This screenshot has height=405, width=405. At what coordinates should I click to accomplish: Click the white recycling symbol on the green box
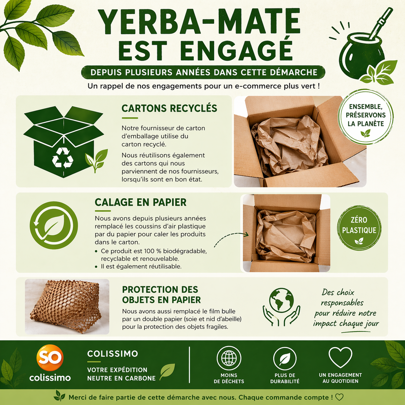63,158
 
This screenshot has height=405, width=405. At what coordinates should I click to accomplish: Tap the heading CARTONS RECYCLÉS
169,109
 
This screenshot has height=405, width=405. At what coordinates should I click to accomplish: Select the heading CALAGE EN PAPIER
140,202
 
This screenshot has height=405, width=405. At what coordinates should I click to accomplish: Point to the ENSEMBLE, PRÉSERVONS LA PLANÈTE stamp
366,117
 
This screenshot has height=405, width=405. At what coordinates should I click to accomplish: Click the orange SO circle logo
50,357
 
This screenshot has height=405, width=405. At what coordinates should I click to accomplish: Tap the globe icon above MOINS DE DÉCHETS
229,358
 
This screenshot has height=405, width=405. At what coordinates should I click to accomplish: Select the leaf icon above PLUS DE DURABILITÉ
285,358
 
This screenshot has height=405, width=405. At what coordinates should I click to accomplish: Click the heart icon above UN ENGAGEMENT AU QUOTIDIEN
340,357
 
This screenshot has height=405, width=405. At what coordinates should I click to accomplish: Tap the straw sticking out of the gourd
378,24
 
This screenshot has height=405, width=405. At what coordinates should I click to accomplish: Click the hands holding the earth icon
281,307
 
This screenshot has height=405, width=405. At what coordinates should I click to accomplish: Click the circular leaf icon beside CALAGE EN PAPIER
54,225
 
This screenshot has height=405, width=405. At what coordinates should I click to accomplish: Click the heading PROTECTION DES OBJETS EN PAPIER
161,295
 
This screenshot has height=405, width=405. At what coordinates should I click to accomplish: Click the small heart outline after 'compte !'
339,397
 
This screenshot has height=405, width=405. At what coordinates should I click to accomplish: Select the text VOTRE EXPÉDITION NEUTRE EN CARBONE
121,374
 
